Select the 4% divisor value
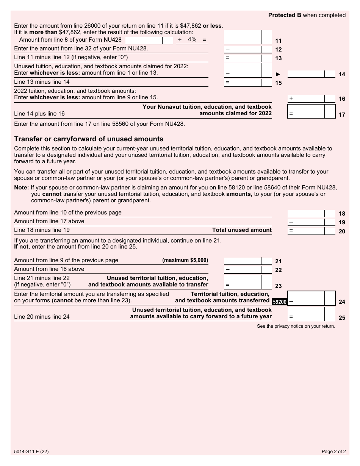pos(192,39)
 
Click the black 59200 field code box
pos(280,302)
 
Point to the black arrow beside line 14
pos(280,74)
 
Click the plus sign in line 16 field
pos(291,98)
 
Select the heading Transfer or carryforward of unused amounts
pos(89,139)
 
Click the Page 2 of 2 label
pos(333,451)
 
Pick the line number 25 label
pos(342,318)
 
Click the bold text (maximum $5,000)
pos(185,260)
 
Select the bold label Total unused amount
pos(242,230)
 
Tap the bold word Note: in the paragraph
pos(22,188)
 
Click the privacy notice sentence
pos(296,326)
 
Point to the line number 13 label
pos(278,58)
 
